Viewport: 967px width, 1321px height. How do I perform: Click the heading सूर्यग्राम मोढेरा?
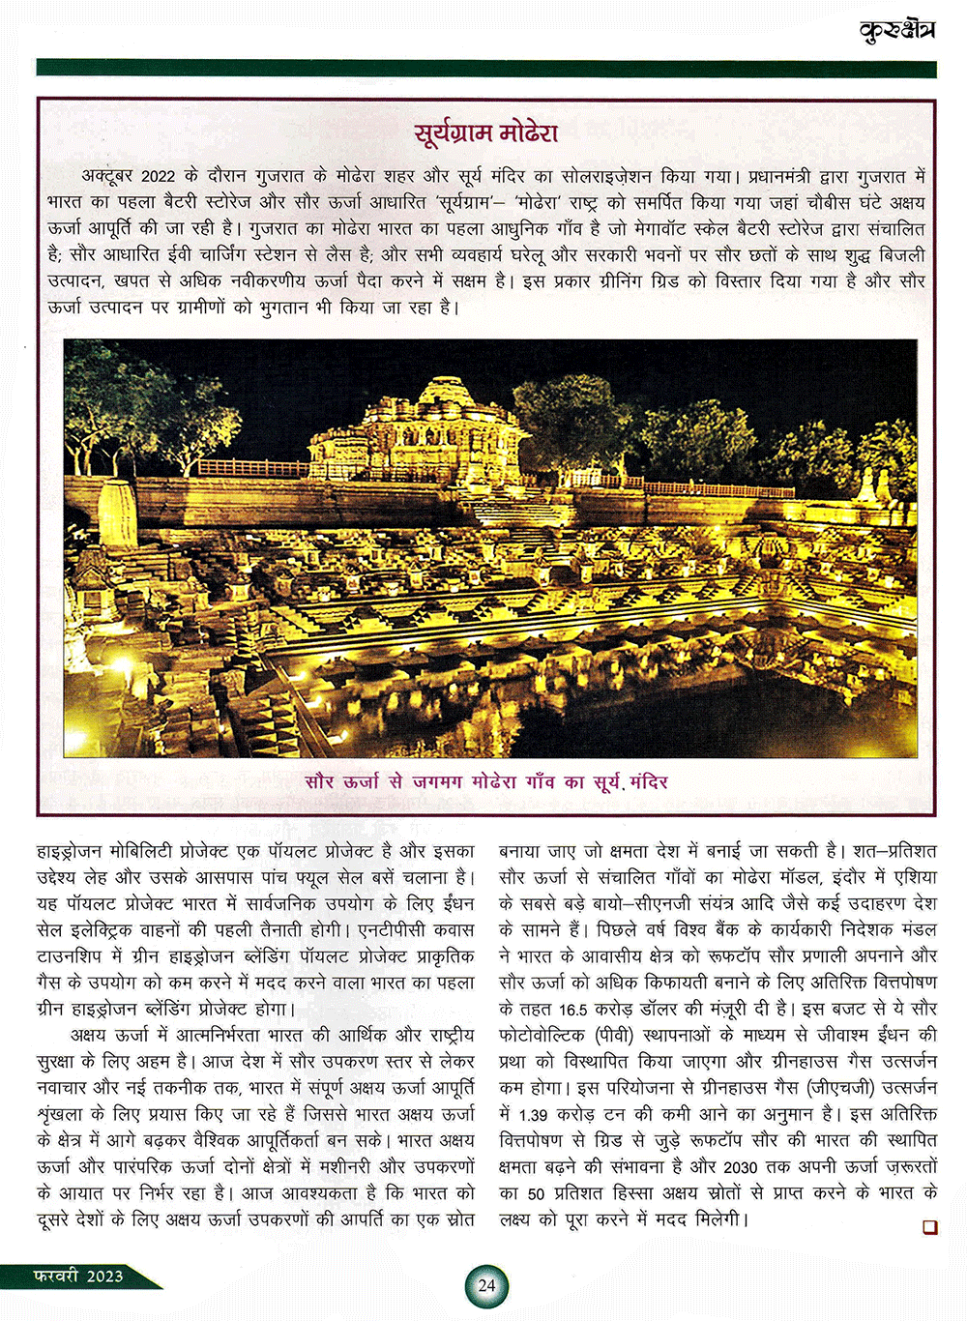click(x=485, y=132)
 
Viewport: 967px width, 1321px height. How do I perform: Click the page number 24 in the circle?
click(x=486, y=1285)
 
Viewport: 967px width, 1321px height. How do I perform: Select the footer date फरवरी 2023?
click(x=78, y=1276)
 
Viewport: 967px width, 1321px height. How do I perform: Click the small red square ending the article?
click(x=930, y=1226)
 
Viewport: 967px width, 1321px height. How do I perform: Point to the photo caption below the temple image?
click(x=485, y=781)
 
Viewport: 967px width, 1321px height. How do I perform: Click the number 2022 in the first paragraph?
click(x=159, y=177)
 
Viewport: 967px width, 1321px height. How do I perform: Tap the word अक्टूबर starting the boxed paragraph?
click(x=108, y=177)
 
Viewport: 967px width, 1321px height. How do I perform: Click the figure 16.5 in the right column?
click(x=572, y=1009)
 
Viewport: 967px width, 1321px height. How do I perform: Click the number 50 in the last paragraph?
click(x=537, y=1193)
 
